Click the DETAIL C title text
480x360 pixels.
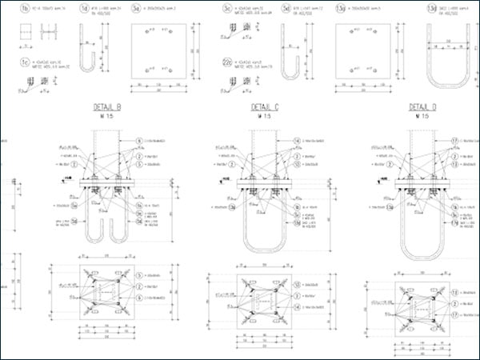coord(265,106)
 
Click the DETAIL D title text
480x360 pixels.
coord(423,106)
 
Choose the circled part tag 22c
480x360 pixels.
coord(229,61)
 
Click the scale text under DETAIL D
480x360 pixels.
coord(423,116)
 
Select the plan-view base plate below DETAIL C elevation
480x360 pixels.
coord(258,303)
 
